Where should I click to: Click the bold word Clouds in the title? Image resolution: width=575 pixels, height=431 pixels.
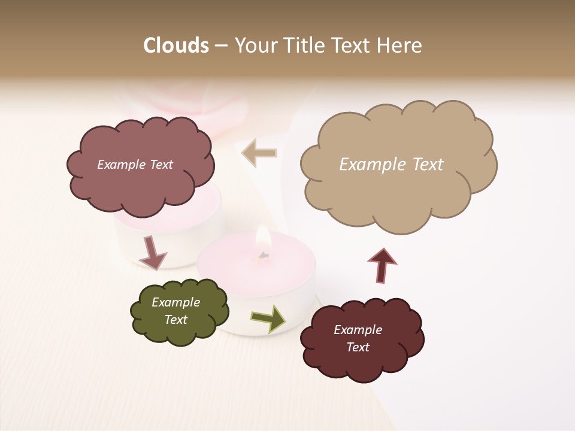click(175, 45)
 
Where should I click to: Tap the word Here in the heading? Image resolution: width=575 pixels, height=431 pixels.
click(400, 45)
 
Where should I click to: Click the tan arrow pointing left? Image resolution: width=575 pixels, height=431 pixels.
click(259, 153)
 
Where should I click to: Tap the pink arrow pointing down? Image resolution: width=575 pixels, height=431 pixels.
click(152, 253)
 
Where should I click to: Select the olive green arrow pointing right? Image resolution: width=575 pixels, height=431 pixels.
click(268, 318)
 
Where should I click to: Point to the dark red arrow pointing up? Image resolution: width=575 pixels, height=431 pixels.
click(382, 265)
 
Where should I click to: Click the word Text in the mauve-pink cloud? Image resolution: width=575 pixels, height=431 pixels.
click(160, 165)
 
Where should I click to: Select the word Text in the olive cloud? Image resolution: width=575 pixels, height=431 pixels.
click(176, 320)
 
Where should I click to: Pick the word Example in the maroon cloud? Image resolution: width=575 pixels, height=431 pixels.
click(358, 330)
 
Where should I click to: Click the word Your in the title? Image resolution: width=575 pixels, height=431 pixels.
click(254, 45)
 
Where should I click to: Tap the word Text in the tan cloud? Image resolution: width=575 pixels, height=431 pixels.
click(428, 165)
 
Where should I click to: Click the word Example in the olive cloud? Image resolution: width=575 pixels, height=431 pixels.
click(176, 302)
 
